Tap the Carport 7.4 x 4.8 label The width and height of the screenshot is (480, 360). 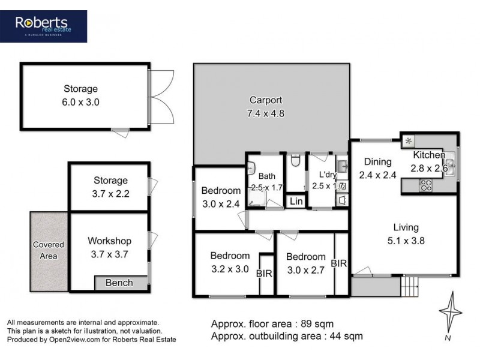pyautogui.click(x=266, y=106)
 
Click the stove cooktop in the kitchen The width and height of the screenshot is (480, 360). pyautogui.click(x=427, y=185)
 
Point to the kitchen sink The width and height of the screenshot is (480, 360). pyautogui.click(x=450, y=160)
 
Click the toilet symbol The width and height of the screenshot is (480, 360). pyautogui.click(x=294, y=161)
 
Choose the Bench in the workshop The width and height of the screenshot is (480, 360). pyautogui.click(x=119, y=283)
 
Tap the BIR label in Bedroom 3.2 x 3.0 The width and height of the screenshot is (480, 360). pyautogui.click(x=265, y=273)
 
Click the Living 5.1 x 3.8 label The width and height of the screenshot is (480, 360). pyautogui.click(x=406, y=233)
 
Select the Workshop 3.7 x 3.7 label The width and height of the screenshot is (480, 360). pyautogui.click(x=109, y=247)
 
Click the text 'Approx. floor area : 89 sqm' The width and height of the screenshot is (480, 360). pyautogui.click(x=271, y=324)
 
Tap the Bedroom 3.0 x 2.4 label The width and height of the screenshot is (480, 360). pyautogui.click(x=220, y=197)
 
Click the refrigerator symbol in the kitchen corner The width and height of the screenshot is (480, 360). pyautogui.click(x=409, y=141)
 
